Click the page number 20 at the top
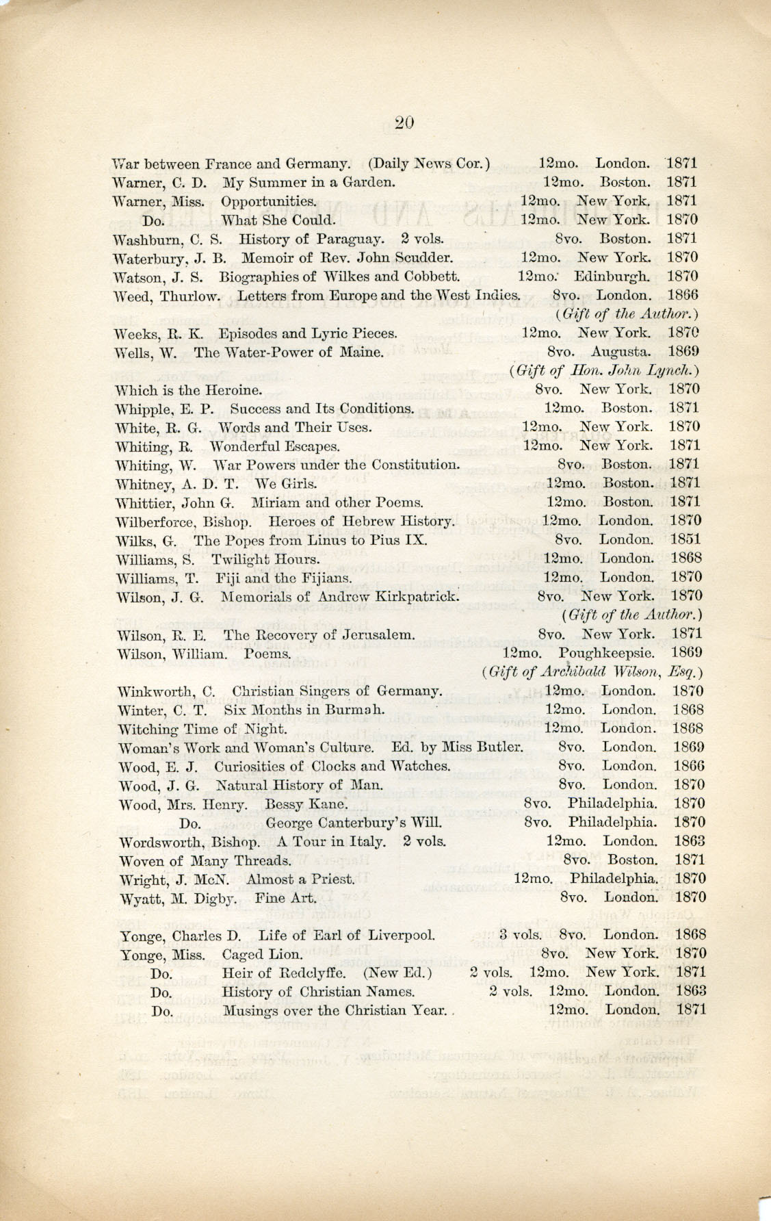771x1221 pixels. click(404, 123)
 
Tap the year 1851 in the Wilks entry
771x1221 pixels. click(685, 539)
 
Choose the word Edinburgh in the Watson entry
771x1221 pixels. click(612, 277)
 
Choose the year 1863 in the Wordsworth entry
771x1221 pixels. click(689, 841)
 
